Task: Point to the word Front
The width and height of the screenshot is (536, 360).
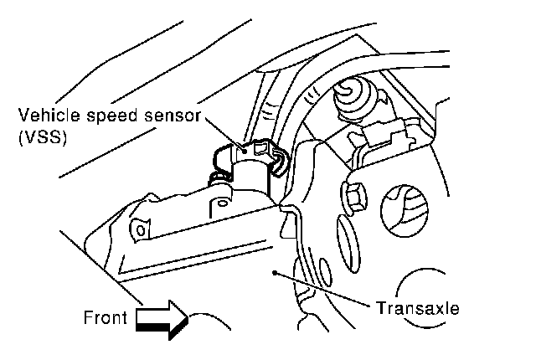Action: coord(105,317)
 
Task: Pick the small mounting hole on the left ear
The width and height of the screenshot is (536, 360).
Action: coord(141,228)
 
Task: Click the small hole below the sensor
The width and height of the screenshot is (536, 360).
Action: coord(220,202)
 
